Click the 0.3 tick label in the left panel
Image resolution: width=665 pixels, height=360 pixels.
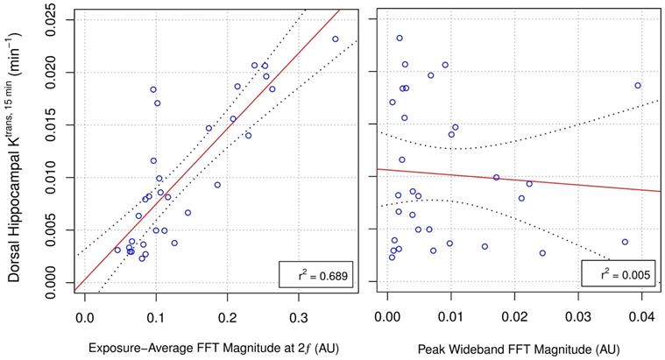click(x=299, y=308)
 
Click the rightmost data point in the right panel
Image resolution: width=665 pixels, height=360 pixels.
click(x=638, y=85)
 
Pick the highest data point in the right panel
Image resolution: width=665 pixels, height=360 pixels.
click(x=400, y=39)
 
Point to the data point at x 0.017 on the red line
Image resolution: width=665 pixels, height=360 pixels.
click(x=496, y=177)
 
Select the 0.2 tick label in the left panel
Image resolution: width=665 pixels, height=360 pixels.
click(x=228, y=308)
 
